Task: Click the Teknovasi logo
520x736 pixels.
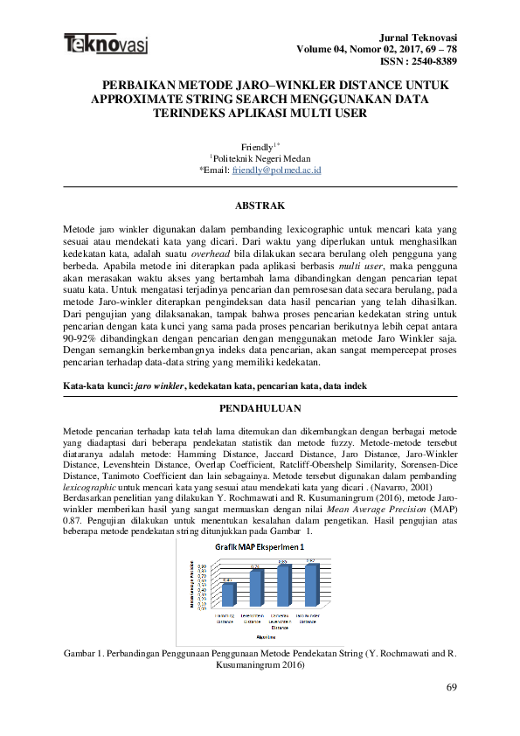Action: [105, 43]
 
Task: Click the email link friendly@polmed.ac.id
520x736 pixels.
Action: [275, 170]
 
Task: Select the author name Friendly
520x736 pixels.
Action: [255, 146]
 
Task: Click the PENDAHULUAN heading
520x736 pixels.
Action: [260, 408]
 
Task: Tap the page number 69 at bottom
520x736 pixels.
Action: [451, 688]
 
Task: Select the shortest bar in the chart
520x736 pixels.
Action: [228, 594]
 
